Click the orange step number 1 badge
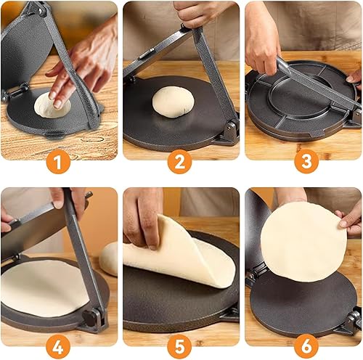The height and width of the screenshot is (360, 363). (x=58, y=162)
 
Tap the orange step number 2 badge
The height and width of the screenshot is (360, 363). (x=179, y=162)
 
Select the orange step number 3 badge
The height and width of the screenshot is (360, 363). (x=306, y=162)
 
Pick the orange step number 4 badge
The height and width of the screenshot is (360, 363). (x=58, y=347)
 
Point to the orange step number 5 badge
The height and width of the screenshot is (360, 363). (x=179, y=347)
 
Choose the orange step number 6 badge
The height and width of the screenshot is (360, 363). (x=306, y=347)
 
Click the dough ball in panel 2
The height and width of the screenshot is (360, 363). (x=173, y=102)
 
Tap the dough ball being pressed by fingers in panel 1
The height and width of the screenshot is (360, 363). (x=52, y=105)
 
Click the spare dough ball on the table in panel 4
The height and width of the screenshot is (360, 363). (x=109, y=259)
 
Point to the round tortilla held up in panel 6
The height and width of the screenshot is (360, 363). (x=303, y=242)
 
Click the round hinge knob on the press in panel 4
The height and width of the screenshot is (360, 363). (x=90, y=318)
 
